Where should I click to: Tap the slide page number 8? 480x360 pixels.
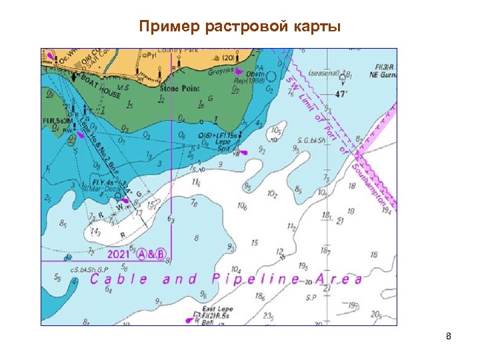pos(449,337)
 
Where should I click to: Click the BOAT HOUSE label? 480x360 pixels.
pos(100,86)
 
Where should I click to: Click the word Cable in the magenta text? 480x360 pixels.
pos(118,279)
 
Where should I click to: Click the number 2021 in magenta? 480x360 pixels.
pos(119,254)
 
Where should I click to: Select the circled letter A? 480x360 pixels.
pos(142,254)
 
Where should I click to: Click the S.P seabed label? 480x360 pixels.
pos(310,297)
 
